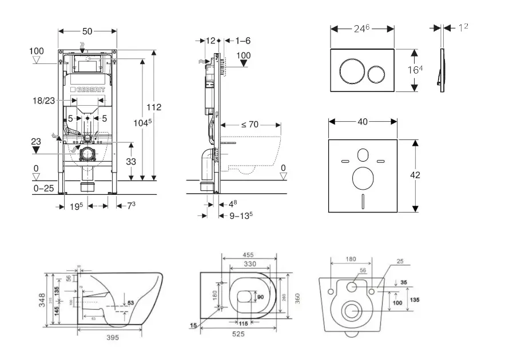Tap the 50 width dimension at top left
pyautogui.click(x=88, y=30)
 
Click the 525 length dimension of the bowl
pyautogui.click(x=238, y=334)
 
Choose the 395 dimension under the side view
pyautogui.click(x=113, y=338)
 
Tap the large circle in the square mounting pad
pyautogui.click(x=361, y=179)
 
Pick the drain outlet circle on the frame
pyautogui.click(x=88, y=154)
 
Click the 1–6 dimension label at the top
pyautogui.click(x=243, y=41)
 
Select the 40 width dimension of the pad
pyautogui.click(x=361, y=122)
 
